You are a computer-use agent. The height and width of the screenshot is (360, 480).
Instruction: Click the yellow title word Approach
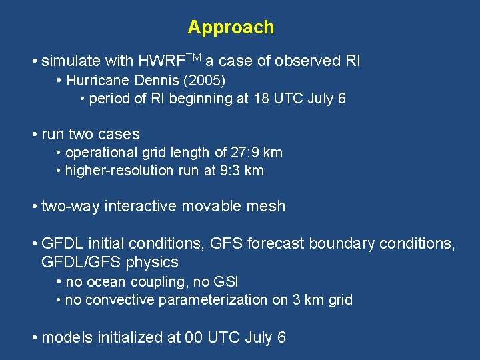click(231, 27)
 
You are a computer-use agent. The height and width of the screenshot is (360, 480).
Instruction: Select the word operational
click(99, 153)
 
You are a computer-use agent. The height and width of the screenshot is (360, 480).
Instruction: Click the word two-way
click(70, 207)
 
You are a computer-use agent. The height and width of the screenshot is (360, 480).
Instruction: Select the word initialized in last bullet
click(127, 337)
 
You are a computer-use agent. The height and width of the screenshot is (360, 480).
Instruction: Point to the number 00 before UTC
click(194, 337)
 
